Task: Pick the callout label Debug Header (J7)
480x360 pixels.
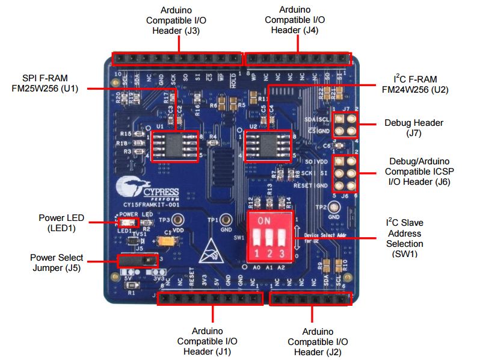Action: pos(413,128)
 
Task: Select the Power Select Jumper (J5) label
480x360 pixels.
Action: pos(57,263)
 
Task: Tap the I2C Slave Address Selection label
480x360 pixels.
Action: pos(405,238)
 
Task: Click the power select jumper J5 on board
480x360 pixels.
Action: pos(137,261)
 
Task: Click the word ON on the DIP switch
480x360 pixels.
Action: pos(264,220)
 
